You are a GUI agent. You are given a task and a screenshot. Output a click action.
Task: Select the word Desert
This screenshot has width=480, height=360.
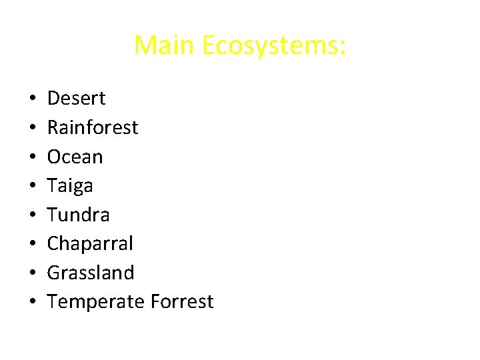point(76,99)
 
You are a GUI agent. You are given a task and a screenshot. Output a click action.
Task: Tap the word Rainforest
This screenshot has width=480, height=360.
point(93,127)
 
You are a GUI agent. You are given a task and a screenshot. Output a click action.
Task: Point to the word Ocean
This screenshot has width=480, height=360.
point(75,157)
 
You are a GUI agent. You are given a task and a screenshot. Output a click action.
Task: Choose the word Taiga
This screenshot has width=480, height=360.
point(70,186)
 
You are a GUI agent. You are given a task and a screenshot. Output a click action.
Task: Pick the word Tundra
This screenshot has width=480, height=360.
point(79,215)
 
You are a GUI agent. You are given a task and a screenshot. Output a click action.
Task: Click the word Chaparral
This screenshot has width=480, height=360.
point(90,244)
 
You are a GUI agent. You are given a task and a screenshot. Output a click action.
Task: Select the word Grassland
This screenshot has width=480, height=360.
point(91,273)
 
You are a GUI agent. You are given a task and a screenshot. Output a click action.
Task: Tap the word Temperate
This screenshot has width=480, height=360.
point(96,302)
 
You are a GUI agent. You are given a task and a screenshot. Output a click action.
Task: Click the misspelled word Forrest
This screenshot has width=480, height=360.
point(182,302)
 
